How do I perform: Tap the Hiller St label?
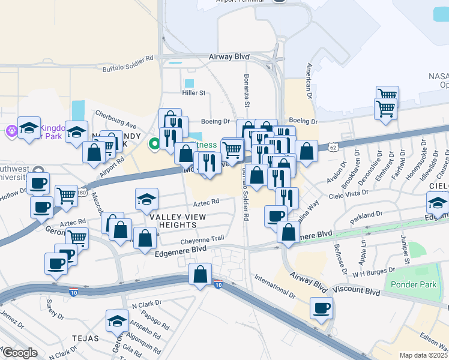click(194, 93)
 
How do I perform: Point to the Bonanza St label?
click(246, 88)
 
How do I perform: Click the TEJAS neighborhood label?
click(85, 338)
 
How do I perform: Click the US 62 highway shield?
click(333, 146)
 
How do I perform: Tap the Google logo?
click(20, 353)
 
